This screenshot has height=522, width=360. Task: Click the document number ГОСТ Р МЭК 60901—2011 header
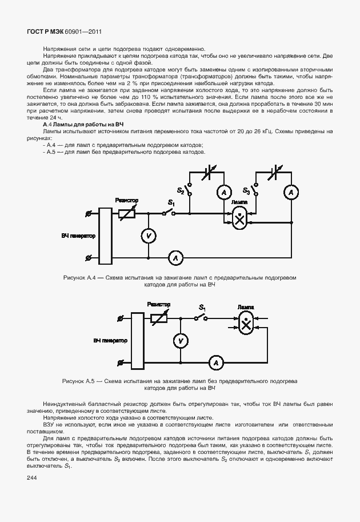(x=61, y=33)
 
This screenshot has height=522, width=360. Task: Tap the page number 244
(x=31, y=477)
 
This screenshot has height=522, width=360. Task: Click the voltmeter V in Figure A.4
(x=148, y=236)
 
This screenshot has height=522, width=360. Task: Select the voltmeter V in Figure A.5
(x=181, y=340)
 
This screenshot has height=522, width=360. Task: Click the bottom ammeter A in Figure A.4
(x=175, y=258)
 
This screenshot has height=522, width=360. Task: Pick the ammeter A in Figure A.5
(x=215, y=362)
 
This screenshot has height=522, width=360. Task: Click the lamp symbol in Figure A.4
(x=241, y=217)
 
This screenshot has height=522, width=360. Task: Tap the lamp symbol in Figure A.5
(x=246, y=324)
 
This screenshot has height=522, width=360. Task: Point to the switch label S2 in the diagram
(x=181, y=190)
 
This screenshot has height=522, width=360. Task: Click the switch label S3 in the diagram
(x=246, y=190)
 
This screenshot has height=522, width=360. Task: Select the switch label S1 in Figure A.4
(x=171, y=202)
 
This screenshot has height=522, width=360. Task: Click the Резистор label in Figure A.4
(x=126, y=201)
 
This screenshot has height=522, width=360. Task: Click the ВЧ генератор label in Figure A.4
(x=78, y=236)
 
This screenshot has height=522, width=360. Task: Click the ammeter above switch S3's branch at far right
(x=291, y=193)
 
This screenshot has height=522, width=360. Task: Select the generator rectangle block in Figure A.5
(x=137, y=340)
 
